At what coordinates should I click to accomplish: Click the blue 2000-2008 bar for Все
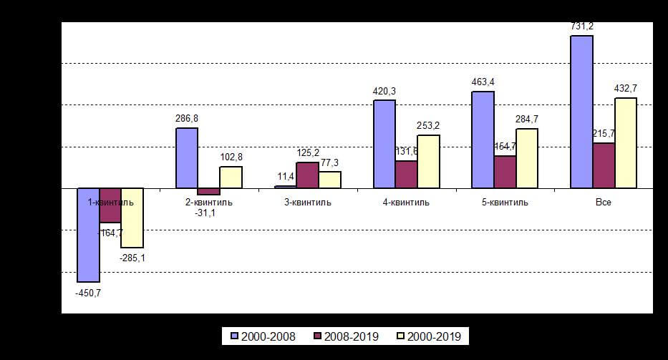(581, 112)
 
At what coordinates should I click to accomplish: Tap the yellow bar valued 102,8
(231, 177)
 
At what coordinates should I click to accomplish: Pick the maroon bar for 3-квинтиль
(307, 175)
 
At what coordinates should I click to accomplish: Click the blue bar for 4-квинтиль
(384, 144)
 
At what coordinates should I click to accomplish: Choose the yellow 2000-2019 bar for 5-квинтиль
(527, 158)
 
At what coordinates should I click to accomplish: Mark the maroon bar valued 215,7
(604, 165)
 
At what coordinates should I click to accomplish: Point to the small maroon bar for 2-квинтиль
(208, 191)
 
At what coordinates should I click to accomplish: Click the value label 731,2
(581, 26)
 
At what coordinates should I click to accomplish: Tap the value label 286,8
(187, 119)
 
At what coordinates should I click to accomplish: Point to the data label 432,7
(625, 89)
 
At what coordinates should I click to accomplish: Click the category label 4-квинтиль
(406, 203)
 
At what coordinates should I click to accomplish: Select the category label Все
(604, 203)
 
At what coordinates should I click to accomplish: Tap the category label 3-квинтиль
(307, 203)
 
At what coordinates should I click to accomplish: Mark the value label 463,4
(483, 82)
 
